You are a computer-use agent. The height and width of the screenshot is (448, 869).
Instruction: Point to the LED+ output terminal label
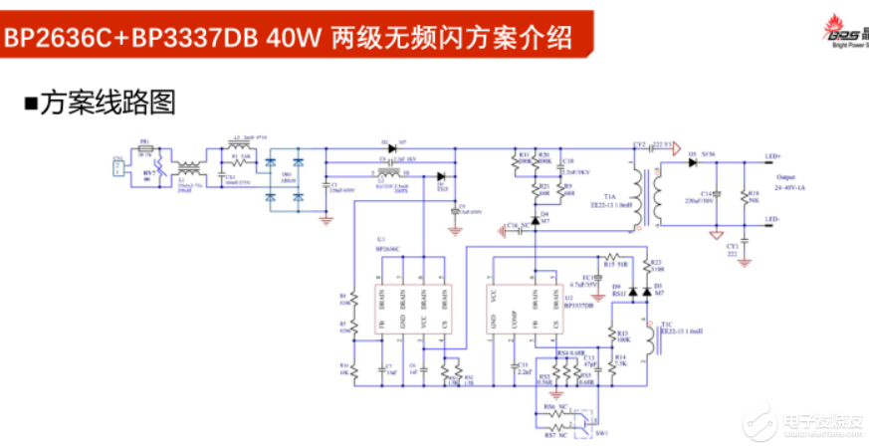772,156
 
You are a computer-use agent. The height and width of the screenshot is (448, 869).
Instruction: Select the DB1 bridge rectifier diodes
283,179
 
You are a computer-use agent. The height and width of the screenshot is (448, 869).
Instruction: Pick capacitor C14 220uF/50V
718,194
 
